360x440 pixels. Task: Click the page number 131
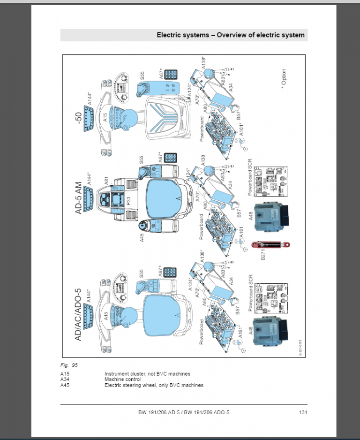click(302, 412)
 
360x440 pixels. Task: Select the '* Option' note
click(283, 77)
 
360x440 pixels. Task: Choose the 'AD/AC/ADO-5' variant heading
click(78, 307)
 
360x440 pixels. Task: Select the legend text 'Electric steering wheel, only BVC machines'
click(154, 385)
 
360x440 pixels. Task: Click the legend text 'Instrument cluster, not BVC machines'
click(147, 373)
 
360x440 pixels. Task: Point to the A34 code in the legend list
click(65, 379)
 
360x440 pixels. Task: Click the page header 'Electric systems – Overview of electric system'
click(230, 35)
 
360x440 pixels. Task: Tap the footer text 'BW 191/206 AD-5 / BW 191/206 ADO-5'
click(184, 412)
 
